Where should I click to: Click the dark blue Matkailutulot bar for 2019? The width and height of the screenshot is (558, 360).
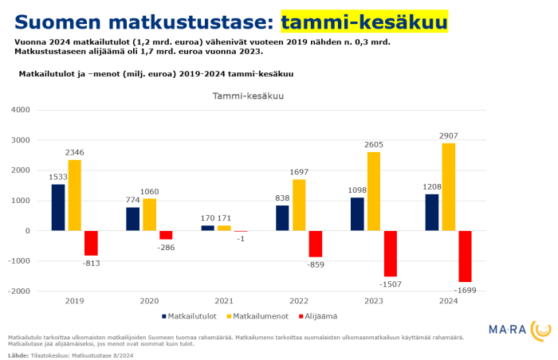coord(58,208)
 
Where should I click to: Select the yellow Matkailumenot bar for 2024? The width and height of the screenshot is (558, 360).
coord(449,187)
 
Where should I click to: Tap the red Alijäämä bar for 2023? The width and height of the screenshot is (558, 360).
coord(390,254)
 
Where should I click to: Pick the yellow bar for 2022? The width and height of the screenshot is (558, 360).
coord(298,205)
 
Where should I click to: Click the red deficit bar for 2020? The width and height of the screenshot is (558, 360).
coord(166,235)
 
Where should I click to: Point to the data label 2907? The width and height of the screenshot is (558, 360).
coord(448,136)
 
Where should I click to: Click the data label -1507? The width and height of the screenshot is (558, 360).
coord(390,284)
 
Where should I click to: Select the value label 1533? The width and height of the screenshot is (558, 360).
coord(57,178)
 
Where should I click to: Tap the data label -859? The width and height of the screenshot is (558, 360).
coord(315,264)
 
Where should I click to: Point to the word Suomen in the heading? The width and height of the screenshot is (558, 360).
coord(52,22)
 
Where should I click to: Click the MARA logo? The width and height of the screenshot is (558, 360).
coord(518,328)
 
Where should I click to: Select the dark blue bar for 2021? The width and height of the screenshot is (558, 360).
coord(141,228)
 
